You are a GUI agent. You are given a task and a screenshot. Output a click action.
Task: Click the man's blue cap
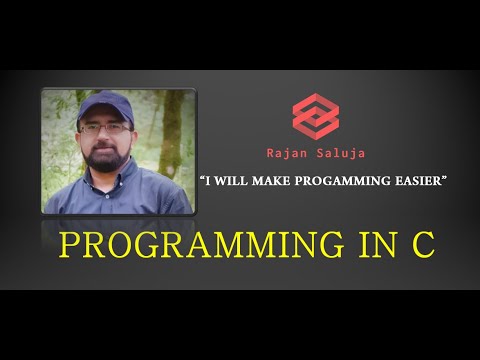(104, 106)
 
